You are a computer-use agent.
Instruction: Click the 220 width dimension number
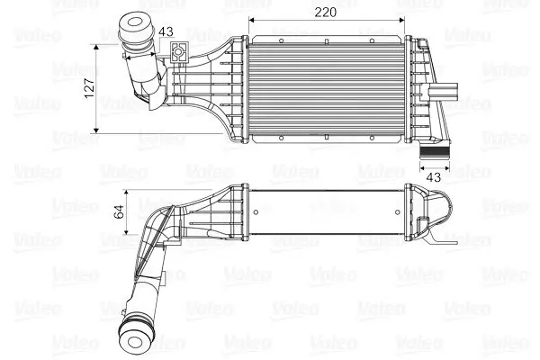(x=325, y=13)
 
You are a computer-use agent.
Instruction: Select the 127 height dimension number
(x=89, y=88)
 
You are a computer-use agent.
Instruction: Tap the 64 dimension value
(x=119, y=211)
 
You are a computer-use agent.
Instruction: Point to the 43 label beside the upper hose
(x=166, y=31)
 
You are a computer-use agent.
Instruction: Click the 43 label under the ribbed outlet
(x=433, y=177)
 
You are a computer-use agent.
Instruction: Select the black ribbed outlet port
(x=435, y=152)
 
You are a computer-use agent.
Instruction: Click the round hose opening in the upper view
(x=135, y=22)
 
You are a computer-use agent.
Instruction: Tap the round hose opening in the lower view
(x=135, y=342)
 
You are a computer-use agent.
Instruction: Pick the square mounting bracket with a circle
(x=178, y=52)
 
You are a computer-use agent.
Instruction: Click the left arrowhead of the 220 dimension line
(x=251, y=20)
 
